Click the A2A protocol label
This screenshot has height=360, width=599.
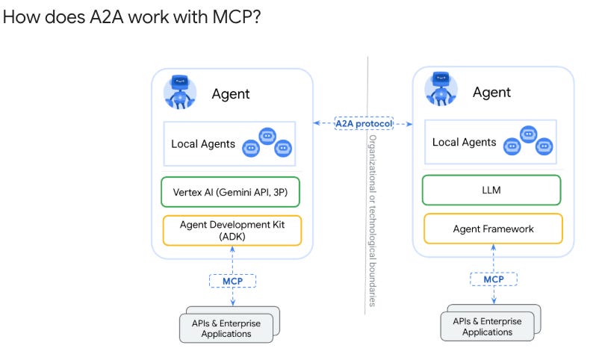coord(364,123)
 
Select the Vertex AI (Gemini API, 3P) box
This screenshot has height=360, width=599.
coord(230,192)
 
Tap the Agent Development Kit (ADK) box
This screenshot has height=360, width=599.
coord(232,231)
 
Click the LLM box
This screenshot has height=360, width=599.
coord(491,190)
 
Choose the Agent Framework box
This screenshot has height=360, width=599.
coord(493,229)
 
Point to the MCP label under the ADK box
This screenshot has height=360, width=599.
coord(232,282)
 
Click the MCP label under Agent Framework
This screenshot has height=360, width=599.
coord(494,279)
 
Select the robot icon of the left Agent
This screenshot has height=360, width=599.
coord(180,92)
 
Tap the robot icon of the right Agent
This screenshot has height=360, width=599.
coord(441,89)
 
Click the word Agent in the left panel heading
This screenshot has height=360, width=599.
coord(231,94)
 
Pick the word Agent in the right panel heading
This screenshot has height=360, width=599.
coord(491,93)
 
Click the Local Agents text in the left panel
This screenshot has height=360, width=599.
coord(203,144)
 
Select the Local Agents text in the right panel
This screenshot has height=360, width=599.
coord(464,142)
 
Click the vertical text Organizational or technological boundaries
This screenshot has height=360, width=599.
coord(373,220)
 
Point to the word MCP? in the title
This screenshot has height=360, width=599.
coord(237,17)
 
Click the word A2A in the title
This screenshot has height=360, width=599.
coord(107,17)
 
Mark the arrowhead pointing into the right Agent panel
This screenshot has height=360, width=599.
coord(409,124)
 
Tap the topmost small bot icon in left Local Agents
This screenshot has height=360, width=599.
coord(267,136)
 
